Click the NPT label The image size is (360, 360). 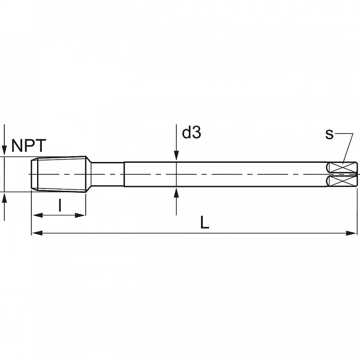point(29,146)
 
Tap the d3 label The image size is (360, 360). point(191,133)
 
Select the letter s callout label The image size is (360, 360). point(329,134)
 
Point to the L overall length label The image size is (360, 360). point(204,222)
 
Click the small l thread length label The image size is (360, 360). point(60,205)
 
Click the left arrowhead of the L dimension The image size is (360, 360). point(37,233)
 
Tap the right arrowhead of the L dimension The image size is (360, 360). point(351,233)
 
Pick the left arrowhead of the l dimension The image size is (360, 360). point(38,215)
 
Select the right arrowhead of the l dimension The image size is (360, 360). point(80,215)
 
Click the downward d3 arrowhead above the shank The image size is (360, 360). point(176,156)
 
